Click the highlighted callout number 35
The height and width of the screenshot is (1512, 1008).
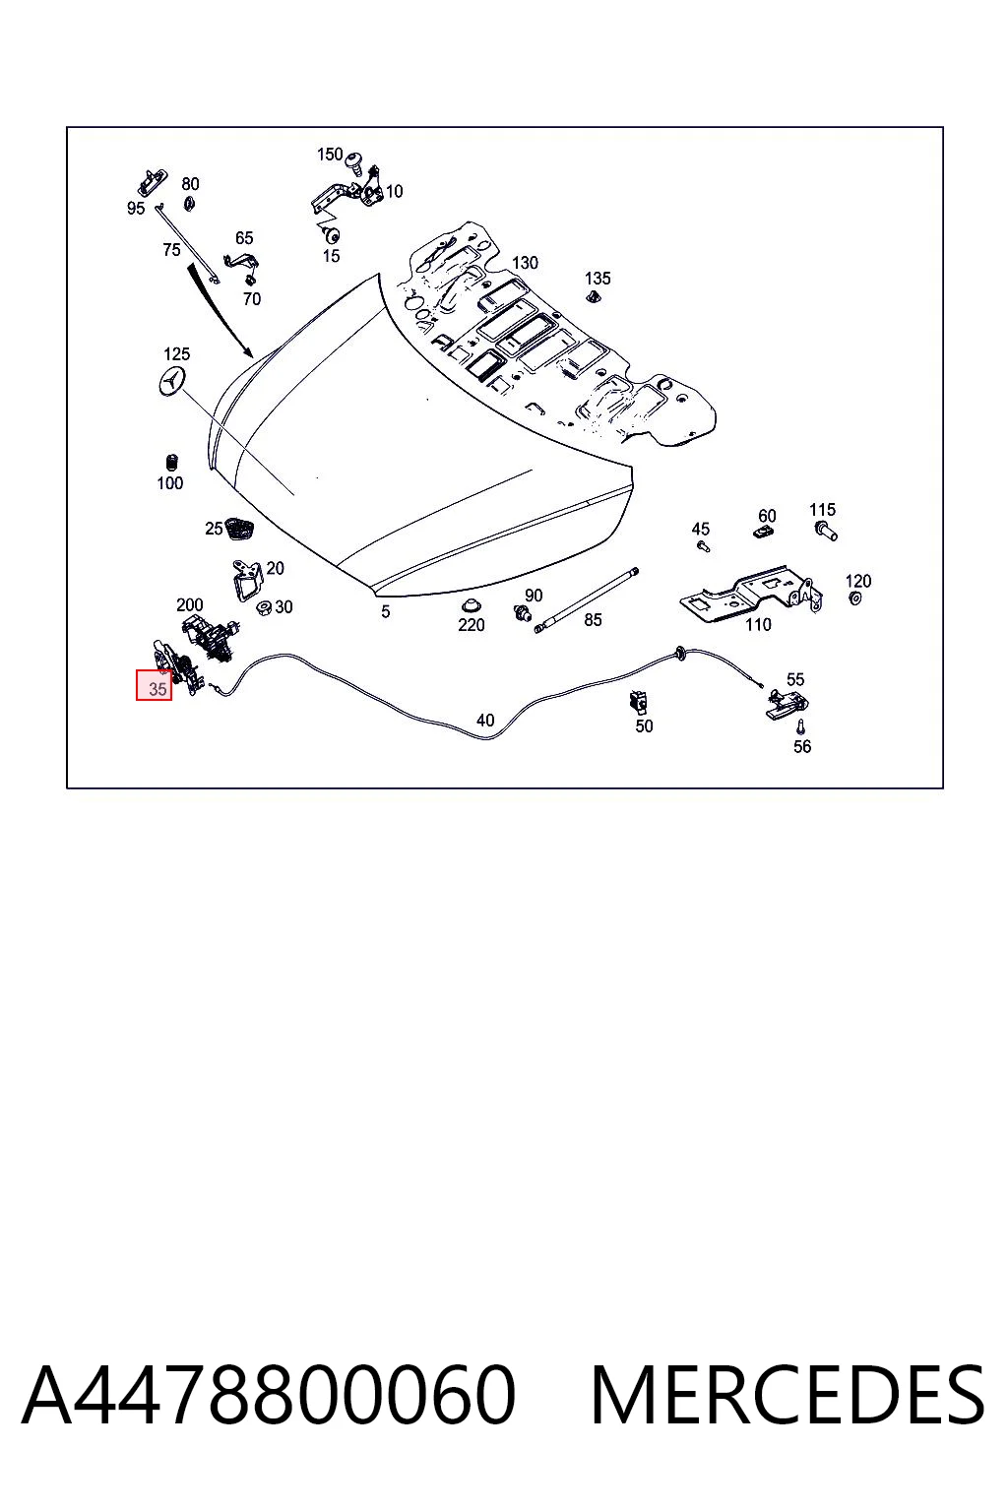pyautogui.click(x=157, y=689)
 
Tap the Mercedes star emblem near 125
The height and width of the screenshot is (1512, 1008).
pyautogui.click(x=171, y=383)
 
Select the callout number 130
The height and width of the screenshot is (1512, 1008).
pyautogui.click(x=525, y=263)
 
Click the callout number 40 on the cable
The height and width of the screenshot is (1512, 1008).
pyautogui.click(x=485, y=721)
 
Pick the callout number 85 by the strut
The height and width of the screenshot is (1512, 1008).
pyautogui.click(x=593, y=619)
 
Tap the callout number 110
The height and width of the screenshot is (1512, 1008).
pyautogui.click(x=758, y=624)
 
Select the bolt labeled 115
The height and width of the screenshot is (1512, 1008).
pyautogui.click(x=827, y=531)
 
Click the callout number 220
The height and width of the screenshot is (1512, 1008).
pyautogui.click(x=472, y=625)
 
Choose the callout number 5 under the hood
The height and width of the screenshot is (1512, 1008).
pyautogui.click(x=386, y=611)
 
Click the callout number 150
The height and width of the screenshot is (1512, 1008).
pyautogui.click(x=330, y=155)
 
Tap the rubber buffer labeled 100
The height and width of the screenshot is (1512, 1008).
pyautogui.click(x=172, y=463)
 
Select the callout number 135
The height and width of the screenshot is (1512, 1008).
pyautogui.click(x=598, y=279)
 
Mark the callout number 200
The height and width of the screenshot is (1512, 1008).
pyautogui.click(x=190, y=604)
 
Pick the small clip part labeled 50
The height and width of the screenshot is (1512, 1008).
pyautogui.click(x=638, y=702)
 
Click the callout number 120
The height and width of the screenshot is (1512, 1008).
pyautogui.click(x=858, y=581)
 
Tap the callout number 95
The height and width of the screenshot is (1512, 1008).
pyautogui.click(x=136, y=208)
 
